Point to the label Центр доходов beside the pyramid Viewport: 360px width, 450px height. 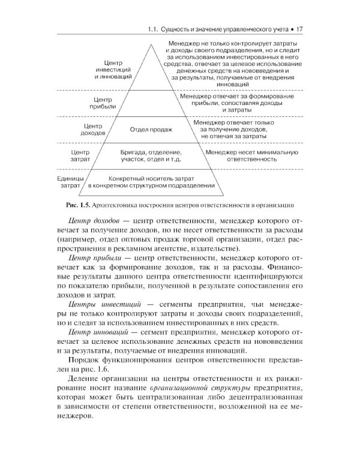point(92,130)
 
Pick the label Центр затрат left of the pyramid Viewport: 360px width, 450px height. point(80,156)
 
